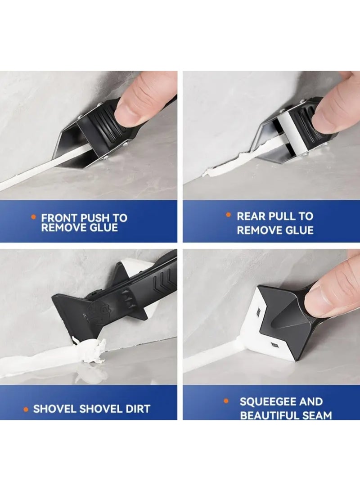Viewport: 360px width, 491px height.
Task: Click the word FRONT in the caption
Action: [59, 218]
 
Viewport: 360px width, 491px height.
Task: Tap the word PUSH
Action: [94, 218]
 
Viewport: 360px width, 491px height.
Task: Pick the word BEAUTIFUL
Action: [267, 415]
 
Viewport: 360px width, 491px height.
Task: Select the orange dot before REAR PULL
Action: [228, 216]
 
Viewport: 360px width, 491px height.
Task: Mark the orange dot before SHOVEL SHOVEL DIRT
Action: [26, 409]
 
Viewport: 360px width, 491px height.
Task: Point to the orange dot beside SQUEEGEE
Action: [226, 401]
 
